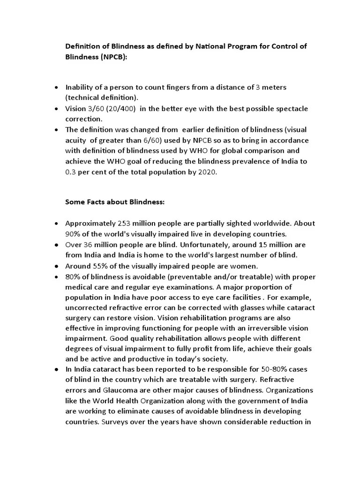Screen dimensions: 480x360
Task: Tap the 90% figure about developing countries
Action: click(73, 234)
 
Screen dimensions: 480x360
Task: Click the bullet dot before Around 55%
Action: click(57, 265)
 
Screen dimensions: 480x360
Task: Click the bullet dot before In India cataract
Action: click(57, 369)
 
